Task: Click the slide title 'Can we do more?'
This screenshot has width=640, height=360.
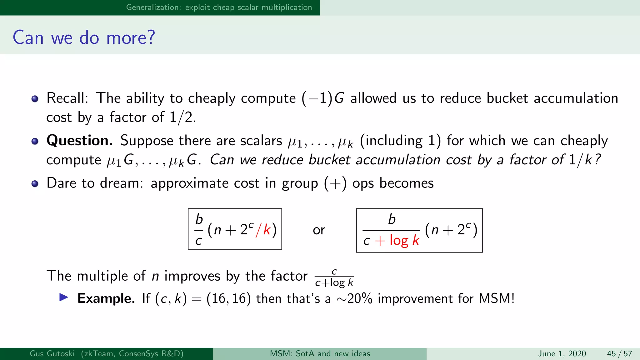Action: [x=84, y=37]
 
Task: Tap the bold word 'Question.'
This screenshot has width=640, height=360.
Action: [x=80, y=141]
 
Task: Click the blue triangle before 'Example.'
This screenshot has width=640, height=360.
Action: [x=64, y=297]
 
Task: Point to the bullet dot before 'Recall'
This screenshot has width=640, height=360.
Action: [x=35, y=99]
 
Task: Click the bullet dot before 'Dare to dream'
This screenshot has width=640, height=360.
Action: [x=35, y=184]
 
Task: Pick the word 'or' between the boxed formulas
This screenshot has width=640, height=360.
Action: [x=319, y=230]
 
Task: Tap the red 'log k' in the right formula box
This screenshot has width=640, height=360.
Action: [x=404, y=240]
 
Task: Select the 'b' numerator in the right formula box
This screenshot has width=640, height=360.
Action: [x=392, y=219]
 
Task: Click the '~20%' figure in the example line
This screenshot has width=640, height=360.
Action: [x=354, y=299]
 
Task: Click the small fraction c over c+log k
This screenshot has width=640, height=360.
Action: [x=334, y=277]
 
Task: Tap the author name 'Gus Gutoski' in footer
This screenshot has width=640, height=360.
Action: [x=52, y=354]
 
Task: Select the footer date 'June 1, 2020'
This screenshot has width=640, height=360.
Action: [x=562, y=354]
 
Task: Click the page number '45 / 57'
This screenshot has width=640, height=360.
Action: [x=619, y=354]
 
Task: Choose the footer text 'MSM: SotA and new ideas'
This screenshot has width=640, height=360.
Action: [x=320, y=354]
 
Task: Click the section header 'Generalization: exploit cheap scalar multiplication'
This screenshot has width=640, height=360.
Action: [x=219, y=7]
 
